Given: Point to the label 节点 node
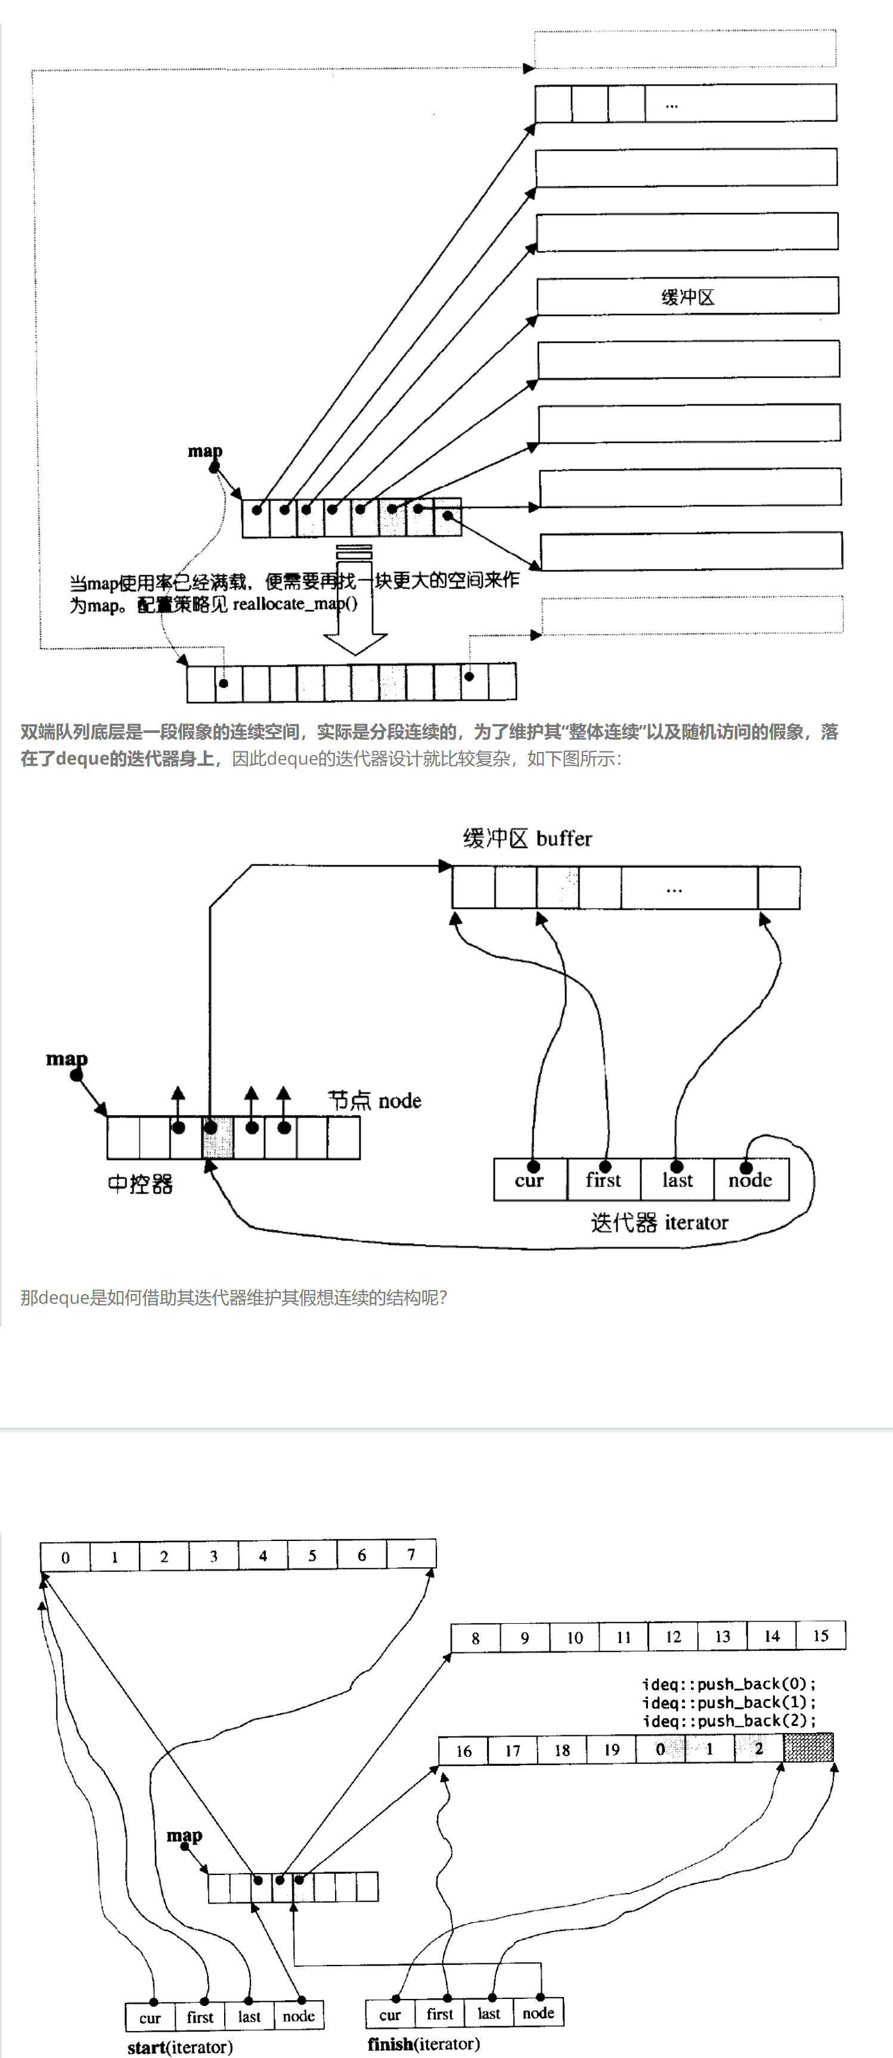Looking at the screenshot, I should [374, 1101].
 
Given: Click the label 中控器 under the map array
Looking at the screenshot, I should [141, 1184].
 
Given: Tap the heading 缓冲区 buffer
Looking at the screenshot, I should [527, 839].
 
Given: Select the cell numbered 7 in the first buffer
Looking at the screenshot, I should [411, 1555].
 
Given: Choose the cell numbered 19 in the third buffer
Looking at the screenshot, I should [612, 1750].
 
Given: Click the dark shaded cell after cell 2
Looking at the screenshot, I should [808, 1748].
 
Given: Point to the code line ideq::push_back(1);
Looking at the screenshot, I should [729, 1703].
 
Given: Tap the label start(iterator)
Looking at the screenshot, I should [179, 2047].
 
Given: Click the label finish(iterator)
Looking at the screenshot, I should [423, 2044].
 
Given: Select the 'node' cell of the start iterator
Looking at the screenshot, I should [299, 2016].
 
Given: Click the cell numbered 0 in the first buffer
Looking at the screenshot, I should [66, 1557].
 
